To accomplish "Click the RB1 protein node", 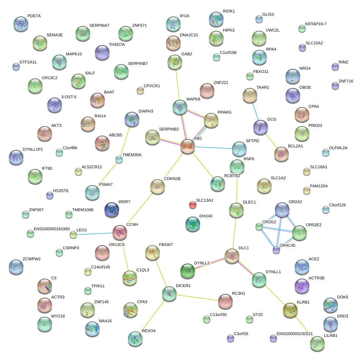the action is pyautogui.click(x=188, y=146).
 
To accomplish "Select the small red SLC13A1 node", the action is pyautogui.click(x=193, y=205).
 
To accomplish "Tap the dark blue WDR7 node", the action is pyautogui.click(x=112, y=210).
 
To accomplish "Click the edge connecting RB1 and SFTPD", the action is pyautogui.click(x=213, y=148).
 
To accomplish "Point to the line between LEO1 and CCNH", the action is pyautogui.click(x=95, y=234).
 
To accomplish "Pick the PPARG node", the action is pyautogui.click(x=211, y=120).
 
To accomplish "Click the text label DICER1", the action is pyautogui.click(x=183, y=286).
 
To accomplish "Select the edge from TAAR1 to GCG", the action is pyautogui.click(x=255, y=111).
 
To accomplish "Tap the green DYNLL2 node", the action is pyautogui.click(x=188, y=271).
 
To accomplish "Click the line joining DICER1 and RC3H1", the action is pyautogui.click(x=198, y=298).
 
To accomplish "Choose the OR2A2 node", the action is pyautogui.click(x=282, y=210).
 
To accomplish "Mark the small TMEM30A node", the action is pyautogui.click(x=119, y=159).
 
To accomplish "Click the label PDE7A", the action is pyautogui.click(x=34, y=16).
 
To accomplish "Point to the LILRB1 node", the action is pyautogui.click(x=317, y=344).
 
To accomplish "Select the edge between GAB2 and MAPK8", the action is pyautogui.click(x=177, y=85).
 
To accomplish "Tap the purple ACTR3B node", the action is pyautogui.click(x=302, y=286).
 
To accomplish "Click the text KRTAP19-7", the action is pyautogui.click(x=316, y=24).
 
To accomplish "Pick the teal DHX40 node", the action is pyautogui.click(x=193, y=224).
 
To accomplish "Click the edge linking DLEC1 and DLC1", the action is pyautogui.click(x=234, y=233).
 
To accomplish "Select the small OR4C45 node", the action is pyautogui.click(x=276, y=250).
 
